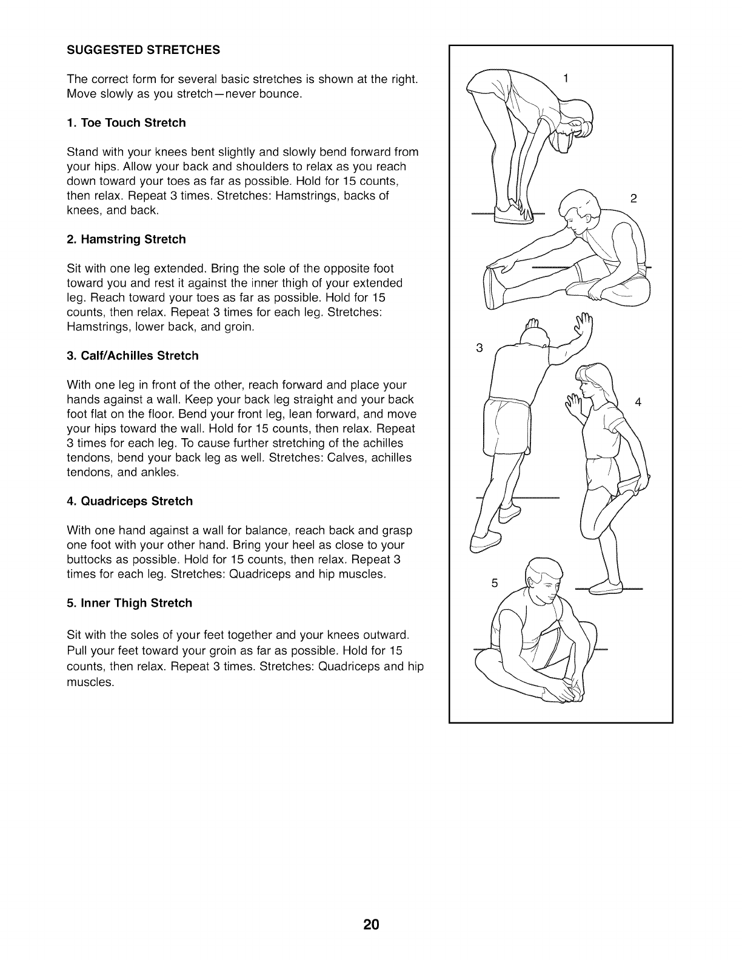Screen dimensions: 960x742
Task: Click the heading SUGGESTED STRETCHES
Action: coord(143,50)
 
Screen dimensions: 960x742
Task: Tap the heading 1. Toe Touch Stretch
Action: coord(126,123)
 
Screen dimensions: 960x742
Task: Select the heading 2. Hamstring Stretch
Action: coord(126,239)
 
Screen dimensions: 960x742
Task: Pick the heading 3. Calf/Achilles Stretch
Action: coord(133,356)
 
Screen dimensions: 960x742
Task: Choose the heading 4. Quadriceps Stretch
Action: coord(130,501)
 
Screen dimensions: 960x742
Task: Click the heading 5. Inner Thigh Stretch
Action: coord(129,603)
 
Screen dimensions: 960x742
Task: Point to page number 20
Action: coord(371,925)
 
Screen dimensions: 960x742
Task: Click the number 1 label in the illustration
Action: coord(566,78)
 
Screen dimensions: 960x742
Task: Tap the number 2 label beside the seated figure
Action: coord(633,198)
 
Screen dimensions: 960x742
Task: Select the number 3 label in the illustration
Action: coord(480,348)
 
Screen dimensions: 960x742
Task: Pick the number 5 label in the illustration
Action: coord(494,584)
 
